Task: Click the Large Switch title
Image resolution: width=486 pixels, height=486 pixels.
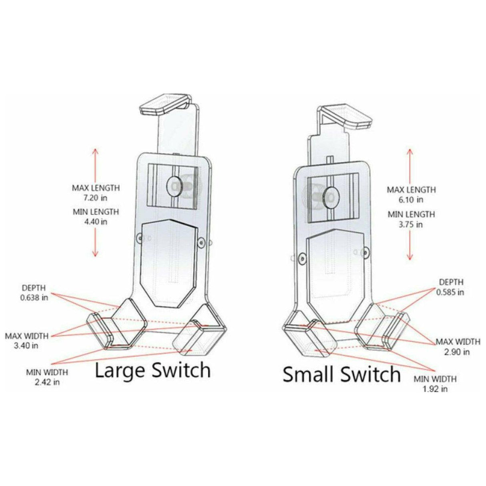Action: click(153, 370)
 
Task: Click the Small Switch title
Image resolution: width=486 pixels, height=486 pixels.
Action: click(341, 374)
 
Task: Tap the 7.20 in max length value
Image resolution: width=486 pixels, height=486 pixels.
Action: click(96, 197)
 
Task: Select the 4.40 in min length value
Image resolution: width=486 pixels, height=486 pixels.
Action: click(96, 221)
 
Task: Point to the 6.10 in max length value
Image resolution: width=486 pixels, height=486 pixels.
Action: click(411, 199)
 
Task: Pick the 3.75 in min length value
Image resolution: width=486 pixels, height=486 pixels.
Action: click(411, 224)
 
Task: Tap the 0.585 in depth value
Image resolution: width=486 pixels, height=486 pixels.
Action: click(450, 292)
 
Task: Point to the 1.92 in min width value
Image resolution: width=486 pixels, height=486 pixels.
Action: click(435, 389)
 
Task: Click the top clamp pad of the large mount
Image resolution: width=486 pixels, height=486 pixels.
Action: click(164, 104)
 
